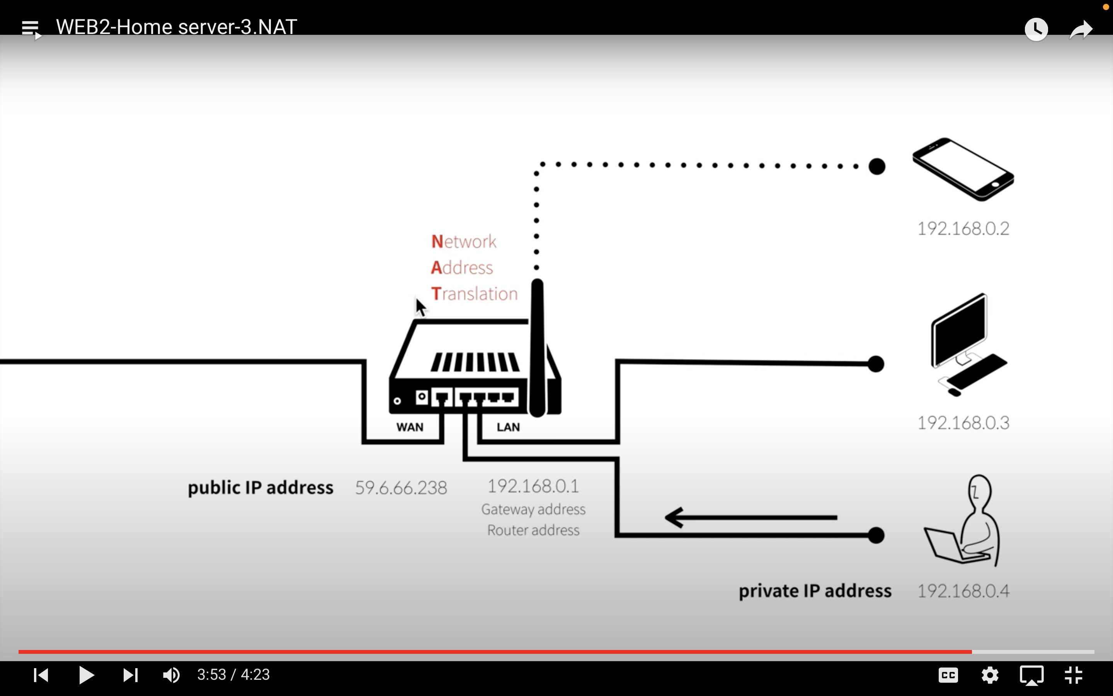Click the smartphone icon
[963, 169]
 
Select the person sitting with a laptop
[966, 522]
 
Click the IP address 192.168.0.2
[963, 228]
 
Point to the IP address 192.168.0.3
[963, 423]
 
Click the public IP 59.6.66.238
[401, 488]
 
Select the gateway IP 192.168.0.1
[533, 486]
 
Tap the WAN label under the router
[410, 427]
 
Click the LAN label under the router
[508, 427]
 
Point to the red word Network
[464, 242]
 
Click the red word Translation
[474, 294]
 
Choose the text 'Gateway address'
[533, 509]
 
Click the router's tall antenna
[537, 345]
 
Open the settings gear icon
[990, 675]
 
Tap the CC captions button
[948, 675]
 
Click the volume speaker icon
[172, 675]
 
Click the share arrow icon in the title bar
[1081, 30]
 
